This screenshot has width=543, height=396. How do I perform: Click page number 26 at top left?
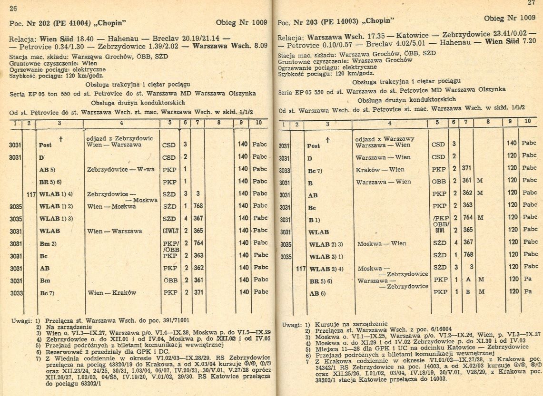13,8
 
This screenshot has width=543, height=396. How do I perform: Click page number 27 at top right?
531,2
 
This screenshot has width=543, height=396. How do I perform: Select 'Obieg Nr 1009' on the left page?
241,22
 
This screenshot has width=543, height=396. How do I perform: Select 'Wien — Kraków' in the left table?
112,293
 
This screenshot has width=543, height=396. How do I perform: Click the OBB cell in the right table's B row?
439,181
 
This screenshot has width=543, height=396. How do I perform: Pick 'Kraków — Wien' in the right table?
380,169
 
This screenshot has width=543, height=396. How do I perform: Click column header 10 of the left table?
259,124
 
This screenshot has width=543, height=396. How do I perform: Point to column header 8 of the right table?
488,122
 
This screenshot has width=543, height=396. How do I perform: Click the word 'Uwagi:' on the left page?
21,322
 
